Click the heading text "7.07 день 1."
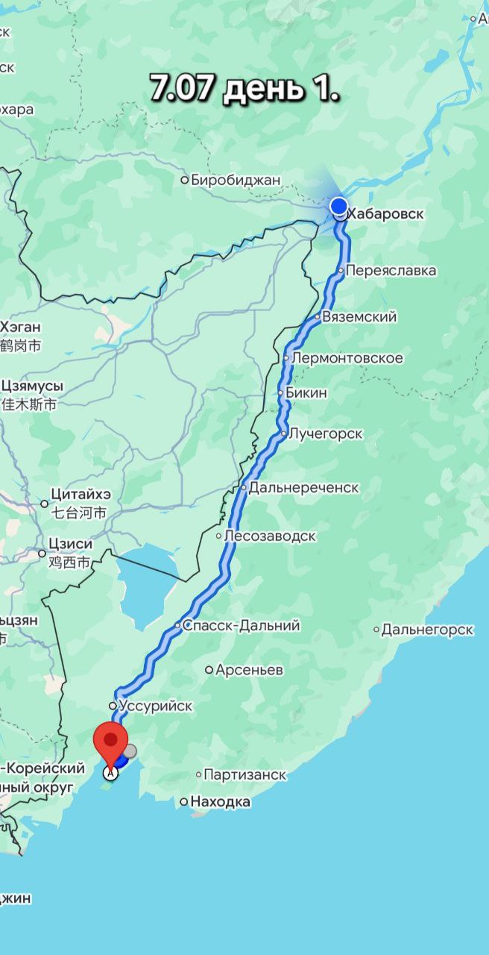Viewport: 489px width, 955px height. pos(245,88)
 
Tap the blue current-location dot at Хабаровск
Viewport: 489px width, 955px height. pos(339,206)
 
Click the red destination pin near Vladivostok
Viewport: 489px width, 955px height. pos(110,742)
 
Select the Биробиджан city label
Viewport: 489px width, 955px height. pos(235,179)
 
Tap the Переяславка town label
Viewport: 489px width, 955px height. pos(391,270)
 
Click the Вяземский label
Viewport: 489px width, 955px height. pos(359,317)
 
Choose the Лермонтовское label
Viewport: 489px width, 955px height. pos(347,358)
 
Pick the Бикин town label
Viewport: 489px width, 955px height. pos(306,393)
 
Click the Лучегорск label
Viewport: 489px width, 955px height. pos(325,433)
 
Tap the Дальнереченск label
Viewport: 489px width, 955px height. pos(303,488)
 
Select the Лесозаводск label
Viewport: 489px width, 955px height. pos(269,536)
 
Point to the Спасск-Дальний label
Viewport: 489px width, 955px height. pos(241,625)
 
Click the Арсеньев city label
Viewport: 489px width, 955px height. pos(248,670)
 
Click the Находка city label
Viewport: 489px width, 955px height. pos(220,802)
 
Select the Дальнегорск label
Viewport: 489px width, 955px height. pos(426,630)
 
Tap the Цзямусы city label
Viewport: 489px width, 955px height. pos(33,386)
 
